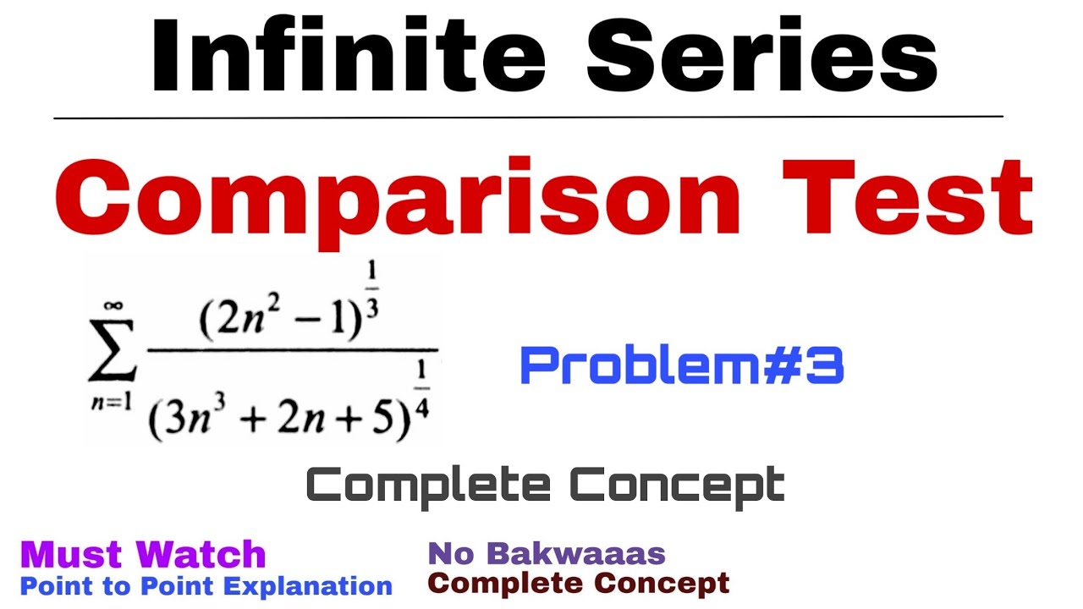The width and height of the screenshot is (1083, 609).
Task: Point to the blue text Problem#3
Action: (681, 366)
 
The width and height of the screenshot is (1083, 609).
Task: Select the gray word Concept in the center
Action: (677, 485)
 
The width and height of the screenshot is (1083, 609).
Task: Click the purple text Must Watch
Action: (143, 555)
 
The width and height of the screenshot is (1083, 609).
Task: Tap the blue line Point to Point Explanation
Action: (206, 585)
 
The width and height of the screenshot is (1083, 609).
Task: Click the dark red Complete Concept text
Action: (579, 583)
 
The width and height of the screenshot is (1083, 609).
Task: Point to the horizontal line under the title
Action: (528, 118)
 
